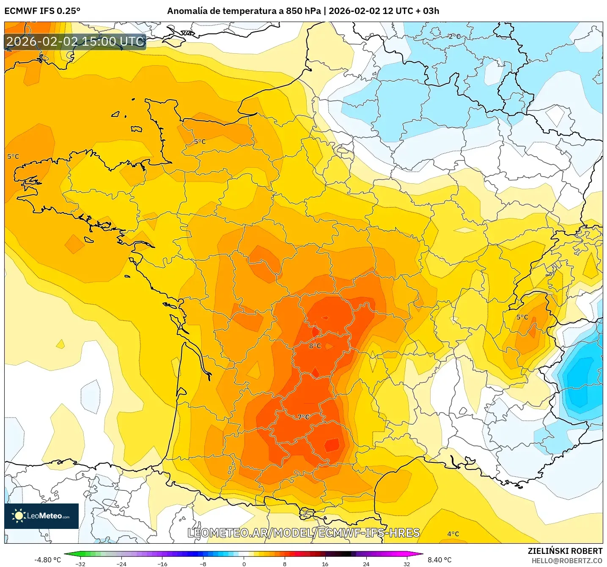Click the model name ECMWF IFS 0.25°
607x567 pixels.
(x=42, y=11)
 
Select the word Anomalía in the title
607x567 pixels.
(x=185, y=11)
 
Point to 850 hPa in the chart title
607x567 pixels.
(x=303, y=11)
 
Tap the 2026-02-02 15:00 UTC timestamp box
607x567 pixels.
(x=75, y=41)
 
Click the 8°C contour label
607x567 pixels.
(x=315, y=346)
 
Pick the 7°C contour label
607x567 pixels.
(x=303, y=417)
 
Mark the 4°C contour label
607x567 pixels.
(x=453, y=534)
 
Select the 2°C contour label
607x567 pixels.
(x=454, y=37)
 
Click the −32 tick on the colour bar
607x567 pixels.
(x=80, y=564)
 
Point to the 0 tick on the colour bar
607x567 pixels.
(x=244, y=564)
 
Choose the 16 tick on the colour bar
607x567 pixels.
(x=325, y=564)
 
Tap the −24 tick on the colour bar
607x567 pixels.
(x=121, y=564)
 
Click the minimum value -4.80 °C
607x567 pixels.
(x=47, y=560)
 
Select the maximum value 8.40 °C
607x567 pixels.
(x=439, y=560)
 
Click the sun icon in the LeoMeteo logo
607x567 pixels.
(x=18, y=515)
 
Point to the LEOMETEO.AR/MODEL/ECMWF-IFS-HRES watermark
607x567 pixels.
(x=303, y=533)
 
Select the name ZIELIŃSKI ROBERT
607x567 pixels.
(x=565, y=551)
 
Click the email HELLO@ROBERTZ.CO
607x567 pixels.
(x=567, y=561)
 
